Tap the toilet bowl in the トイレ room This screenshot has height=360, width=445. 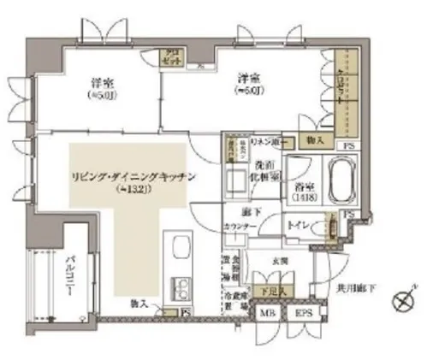[329, 230]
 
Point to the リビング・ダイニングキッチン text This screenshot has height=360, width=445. [133, 178]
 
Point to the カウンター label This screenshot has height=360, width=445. [240, 226]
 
